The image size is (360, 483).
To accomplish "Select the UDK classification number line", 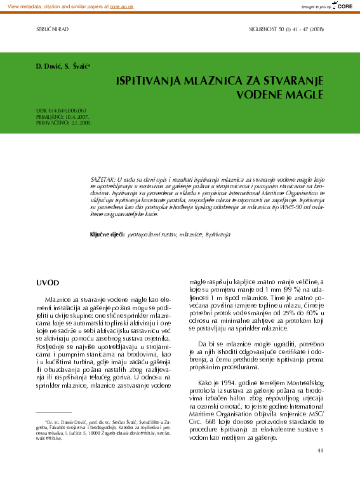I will click(62, 111).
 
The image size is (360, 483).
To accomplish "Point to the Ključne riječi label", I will click(107, 235).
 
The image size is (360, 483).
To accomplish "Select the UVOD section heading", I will click(48, 282).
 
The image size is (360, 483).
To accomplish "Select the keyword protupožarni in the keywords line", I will click(148, 235).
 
